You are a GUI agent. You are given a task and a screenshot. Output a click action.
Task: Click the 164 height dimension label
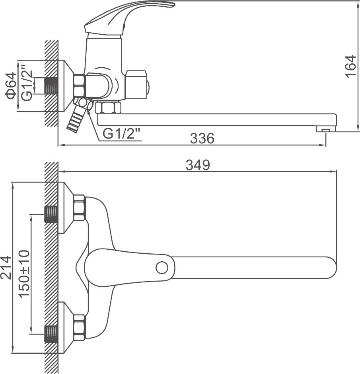pyautogui.click(x=350, y=66)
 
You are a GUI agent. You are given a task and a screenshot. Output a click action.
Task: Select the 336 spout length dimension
pyautogui.click(x=202, y=138)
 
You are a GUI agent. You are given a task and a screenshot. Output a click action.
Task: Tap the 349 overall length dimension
pyautogui.click(x=198, y=165)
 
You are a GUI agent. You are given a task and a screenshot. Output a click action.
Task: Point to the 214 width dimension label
pyautogui.click(x=6, y=267)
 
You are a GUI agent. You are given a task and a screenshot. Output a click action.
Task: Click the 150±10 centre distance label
pyautogui.click(x=24, y=274)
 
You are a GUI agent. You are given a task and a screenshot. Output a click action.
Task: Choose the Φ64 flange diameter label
pyautogui.click(x=11, y=86)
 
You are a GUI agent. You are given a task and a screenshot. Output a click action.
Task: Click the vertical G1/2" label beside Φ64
pyautogui.click(x=26, y=82)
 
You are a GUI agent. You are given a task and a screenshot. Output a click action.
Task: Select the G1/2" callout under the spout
pyautogui.click(x=121, y=134)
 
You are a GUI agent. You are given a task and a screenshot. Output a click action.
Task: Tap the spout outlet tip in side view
pyautogui.click(x=325, y=129)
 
